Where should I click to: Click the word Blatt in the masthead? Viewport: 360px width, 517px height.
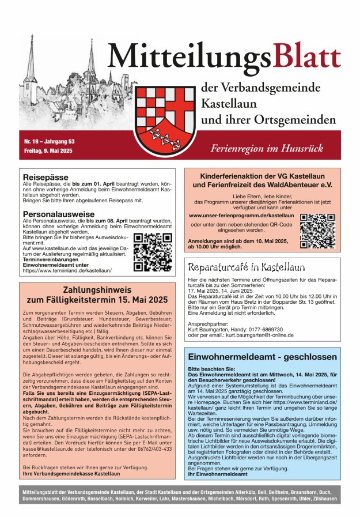305,56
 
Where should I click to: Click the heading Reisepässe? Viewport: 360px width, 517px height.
46,177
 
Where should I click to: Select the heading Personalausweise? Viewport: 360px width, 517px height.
58,214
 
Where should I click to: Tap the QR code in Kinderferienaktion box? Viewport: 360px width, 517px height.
317,231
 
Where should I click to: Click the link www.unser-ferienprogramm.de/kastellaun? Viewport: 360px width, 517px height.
237,216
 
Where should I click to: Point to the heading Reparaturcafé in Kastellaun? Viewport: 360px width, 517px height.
244,267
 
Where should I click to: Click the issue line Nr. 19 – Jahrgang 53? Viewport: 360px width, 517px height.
49,141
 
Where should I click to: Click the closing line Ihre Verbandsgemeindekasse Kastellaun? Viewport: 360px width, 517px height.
71,474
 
